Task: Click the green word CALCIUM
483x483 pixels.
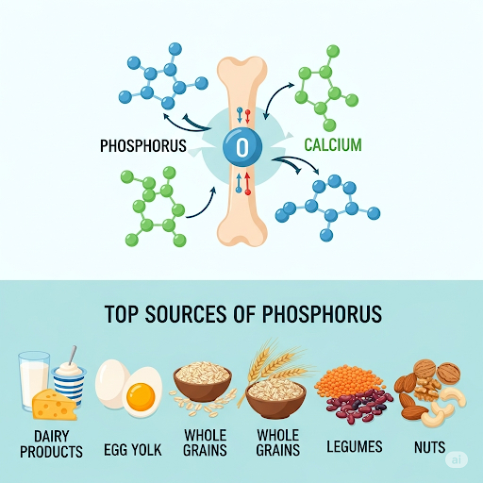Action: pos(333,145)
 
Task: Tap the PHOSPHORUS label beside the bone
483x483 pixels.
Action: pos(143,146)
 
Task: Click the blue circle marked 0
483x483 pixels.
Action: pos(242,146)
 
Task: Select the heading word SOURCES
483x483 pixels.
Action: pos(186,314)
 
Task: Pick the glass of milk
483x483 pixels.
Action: pos(33,379)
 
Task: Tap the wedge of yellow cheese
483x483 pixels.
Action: pos(55,405)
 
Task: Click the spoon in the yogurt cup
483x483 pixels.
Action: pos(73,356)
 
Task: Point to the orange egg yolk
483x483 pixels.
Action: pos(141,396)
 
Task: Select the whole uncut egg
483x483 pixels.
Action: pos(111,383)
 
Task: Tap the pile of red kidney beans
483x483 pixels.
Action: pos(358,407)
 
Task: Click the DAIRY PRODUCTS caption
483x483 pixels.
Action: pos(51,444)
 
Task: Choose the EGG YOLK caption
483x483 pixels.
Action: pos(133,450)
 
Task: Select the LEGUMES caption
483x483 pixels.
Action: pos(355,446)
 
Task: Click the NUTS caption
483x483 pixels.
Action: pos(429,447)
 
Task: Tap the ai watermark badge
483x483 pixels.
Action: pos(457,459)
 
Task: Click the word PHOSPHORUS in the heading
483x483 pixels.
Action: pos(322,314)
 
